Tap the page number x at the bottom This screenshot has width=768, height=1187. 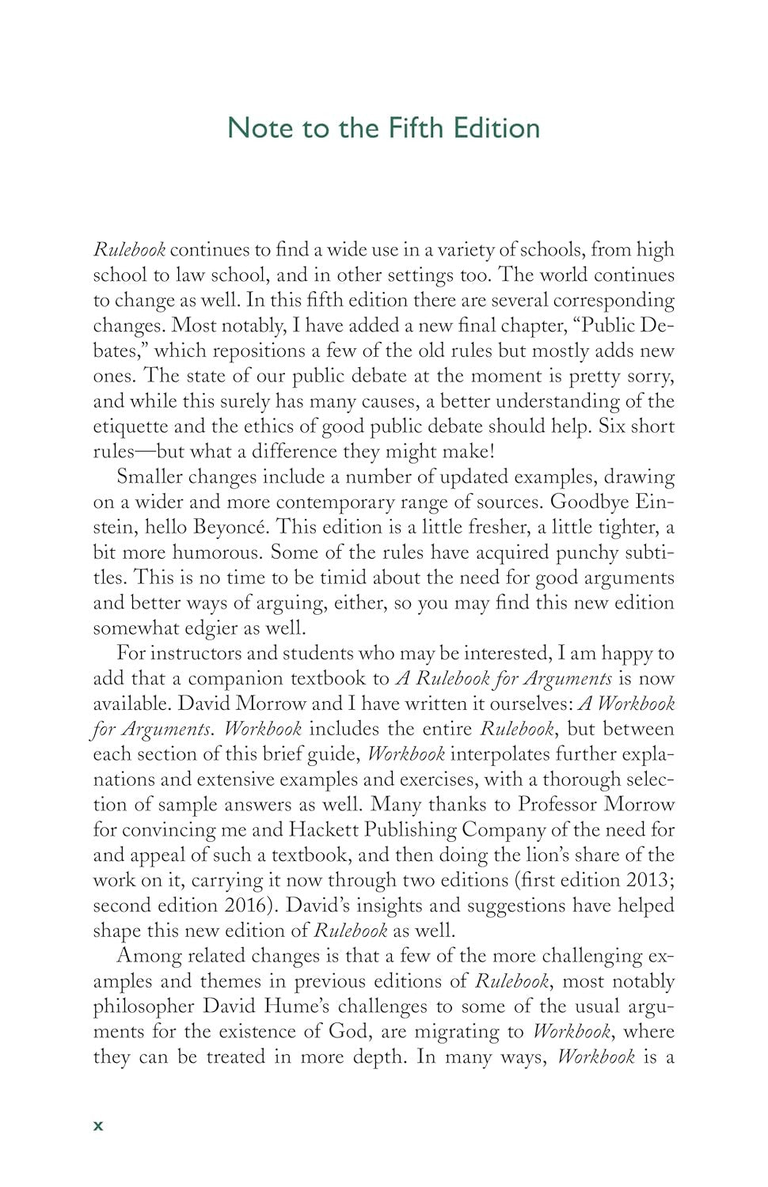pyautogui.click(x=98, y=1125)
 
